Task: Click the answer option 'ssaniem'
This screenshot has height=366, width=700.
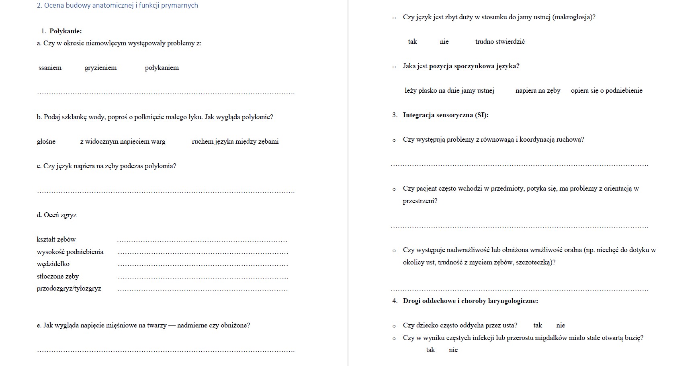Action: pos(50,68)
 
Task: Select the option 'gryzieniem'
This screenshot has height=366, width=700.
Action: pos(100,68)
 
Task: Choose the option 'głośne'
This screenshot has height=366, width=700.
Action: pos(46,142)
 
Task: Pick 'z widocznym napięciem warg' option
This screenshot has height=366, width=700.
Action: pos(123,142)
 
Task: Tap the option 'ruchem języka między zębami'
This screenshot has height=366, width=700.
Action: pos(235,142)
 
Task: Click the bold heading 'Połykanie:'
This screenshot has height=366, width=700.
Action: pos(65,31)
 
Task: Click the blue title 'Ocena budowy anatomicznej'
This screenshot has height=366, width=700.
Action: pos(117,6)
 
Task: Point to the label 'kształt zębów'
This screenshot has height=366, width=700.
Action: pos(56,240)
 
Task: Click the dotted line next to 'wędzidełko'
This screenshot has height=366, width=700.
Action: pos(203,265)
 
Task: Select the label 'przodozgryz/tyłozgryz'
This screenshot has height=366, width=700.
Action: pos(69,289)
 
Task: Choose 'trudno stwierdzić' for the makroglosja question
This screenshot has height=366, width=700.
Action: pos(499,42)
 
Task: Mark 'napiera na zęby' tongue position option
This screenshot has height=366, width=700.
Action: pos(538,91)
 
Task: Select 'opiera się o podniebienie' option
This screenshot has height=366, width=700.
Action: pos(606,91)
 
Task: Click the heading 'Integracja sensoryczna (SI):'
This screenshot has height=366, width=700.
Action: pos(446,115)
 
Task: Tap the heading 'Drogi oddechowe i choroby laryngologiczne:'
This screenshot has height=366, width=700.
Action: pos(470,301)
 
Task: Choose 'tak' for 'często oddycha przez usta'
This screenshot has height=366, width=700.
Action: pos(538,325)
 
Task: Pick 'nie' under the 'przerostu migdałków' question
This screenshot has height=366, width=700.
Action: pos(453,350)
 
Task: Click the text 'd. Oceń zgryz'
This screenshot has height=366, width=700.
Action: pos(56,215)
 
